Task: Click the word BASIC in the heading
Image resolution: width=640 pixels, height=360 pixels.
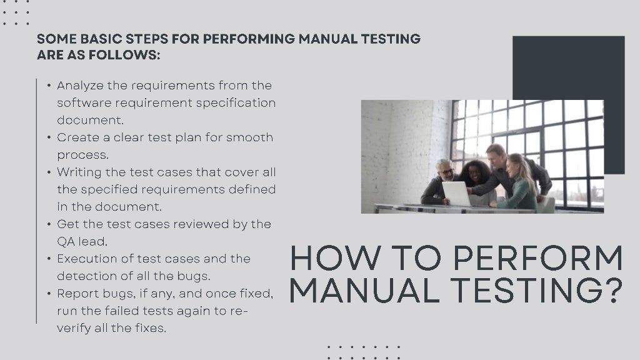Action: coord(101,39)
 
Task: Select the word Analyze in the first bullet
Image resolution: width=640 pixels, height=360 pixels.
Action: coord(80,86)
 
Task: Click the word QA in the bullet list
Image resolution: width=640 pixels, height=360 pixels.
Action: coord(65,242)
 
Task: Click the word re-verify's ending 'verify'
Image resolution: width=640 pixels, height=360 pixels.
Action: coord(74,329)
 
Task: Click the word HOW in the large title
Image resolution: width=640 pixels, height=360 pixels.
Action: coord(335,258)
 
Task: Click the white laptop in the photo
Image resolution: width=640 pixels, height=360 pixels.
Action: coord(456,194)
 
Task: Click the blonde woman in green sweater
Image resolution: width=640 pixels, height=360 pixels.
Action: coord(518,183)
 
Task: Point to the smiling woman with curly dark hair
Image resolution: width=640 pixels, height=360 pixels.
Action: coord(476,176)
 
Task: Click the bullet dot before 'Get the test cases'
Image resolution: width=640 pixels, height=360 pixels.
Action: coord(49,224)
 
